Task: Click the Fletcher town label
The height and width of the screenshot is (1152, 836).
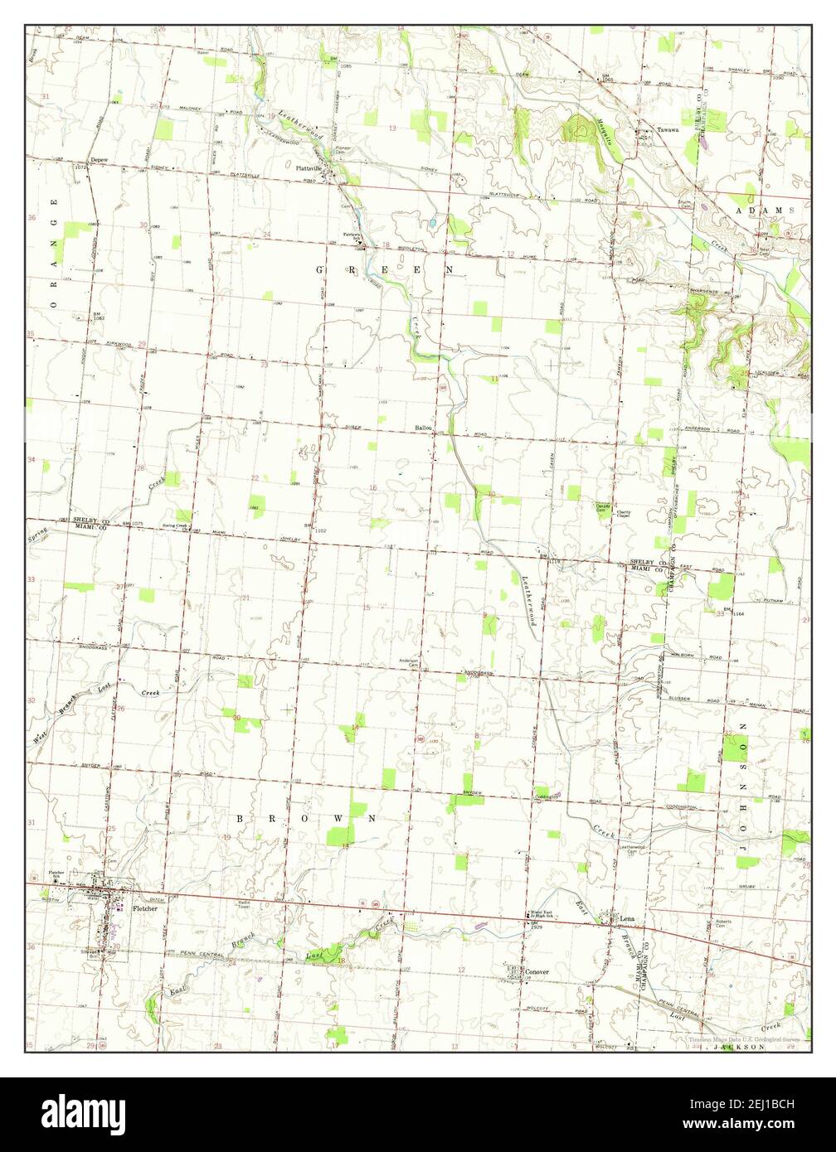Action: (143, 908)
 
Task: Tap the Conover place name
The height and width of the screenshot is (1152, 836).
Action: (537, 971)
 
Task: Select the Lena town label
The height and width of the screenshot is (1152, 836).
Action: (628, 919)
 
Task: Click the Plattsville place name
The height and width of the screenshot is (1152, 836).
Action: (311, 167)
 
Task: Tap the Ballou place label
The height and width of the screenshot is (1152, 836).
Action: (424, 428)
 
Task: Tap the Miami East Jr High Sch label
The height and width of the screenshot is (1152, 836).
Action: (542, 916)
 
